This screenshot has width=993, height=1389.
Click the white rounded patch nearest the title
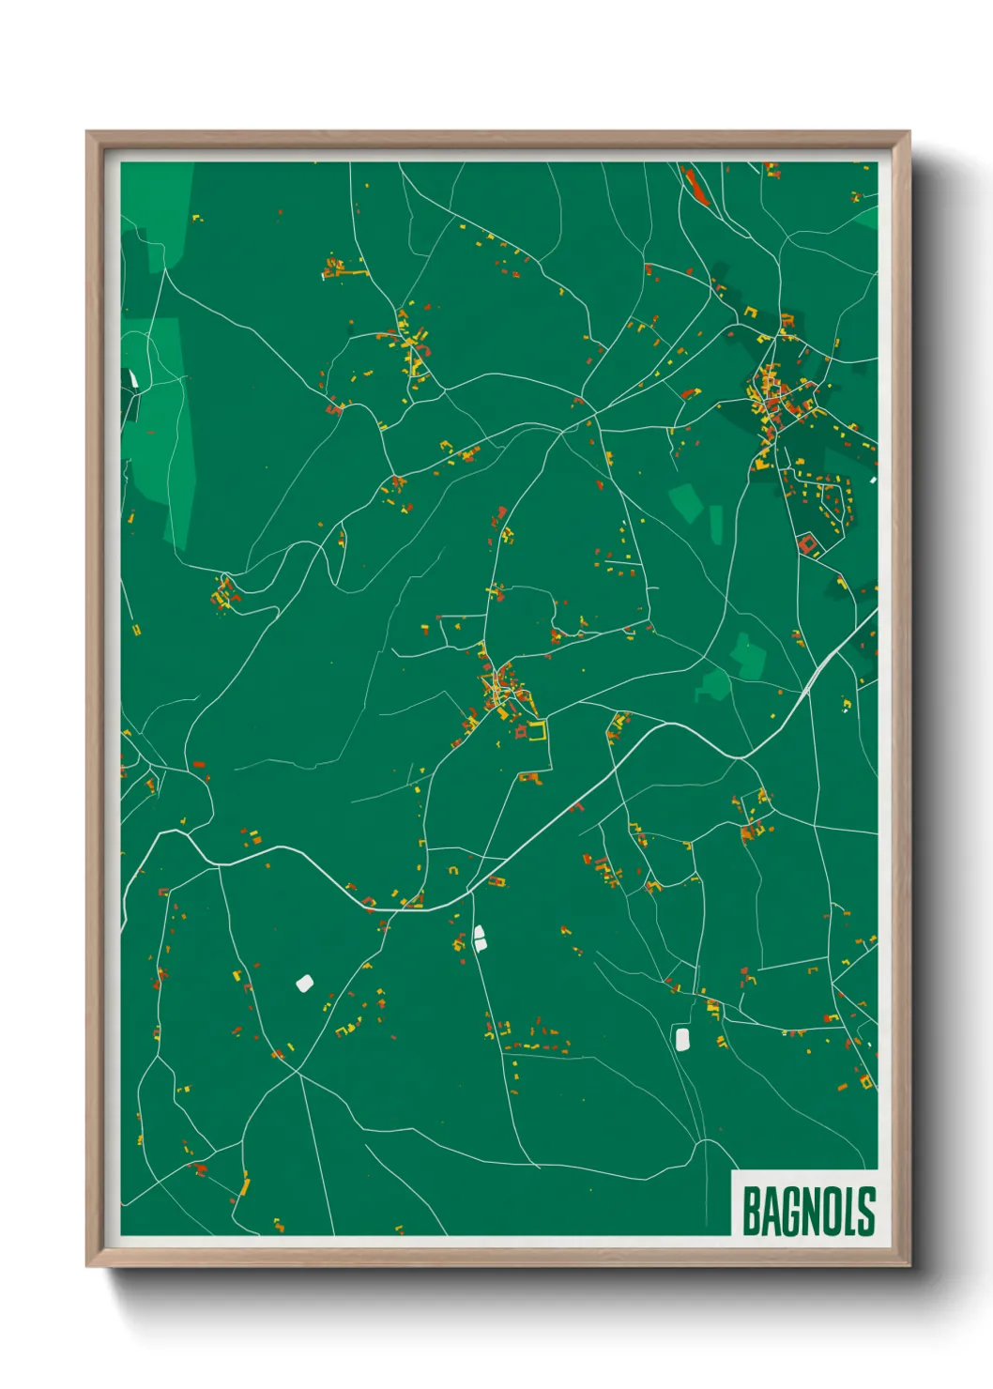click(682, 1038)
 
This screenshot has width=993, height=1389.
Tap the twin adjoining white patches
click(480, 938)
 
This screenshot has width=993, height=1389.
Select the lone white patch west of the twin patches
click(304, 983)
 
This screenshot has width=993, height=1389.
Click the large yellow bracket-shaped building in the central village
click(537, 731)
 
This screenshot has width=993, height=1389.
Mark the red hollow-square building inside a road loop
click(806, 542)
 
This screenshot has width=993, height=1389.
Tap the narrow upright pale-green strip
click(716, 525)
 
